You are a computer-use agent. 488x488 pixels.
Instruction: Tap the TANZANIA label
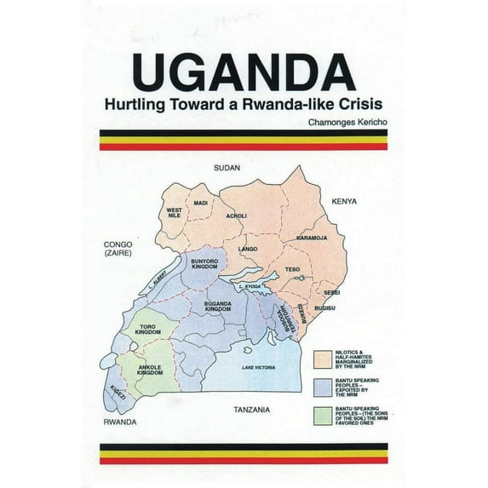(251, 410)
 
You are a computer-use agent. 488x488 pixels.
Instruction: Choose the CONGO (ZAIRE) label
(115, 249)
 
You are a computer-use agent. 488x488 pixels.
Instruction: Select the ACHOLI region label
(236, 215)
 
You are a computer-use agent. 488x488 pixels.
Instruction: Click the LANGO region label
(248, 249)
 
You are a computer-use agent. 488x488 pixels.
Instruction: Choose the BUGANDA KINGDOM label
(218, 306)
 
